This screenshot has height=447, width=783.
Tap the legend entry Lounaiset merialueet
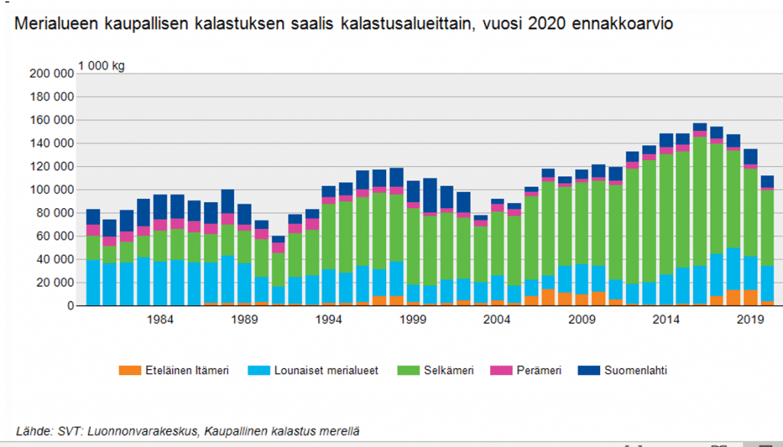(x=314, y=370)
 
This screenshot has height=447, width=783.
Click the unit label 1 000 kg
(x=101, y=65)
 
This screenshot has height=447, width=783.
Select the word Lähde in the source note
(x=32, y=431)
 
